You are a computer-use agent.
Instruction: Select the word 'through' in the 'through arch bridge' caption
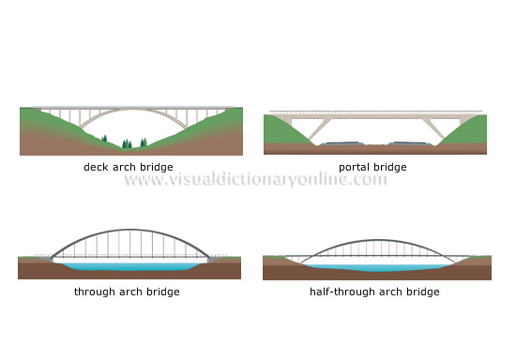92,292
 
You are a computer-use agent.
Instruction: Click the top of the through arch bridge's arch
129,231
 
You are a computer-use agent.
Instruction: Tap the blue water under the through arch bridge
129,267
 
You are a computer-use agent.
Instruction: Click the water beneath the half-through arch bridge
373,267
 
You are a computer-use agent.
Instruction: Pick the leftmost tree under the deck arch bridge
104,141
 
